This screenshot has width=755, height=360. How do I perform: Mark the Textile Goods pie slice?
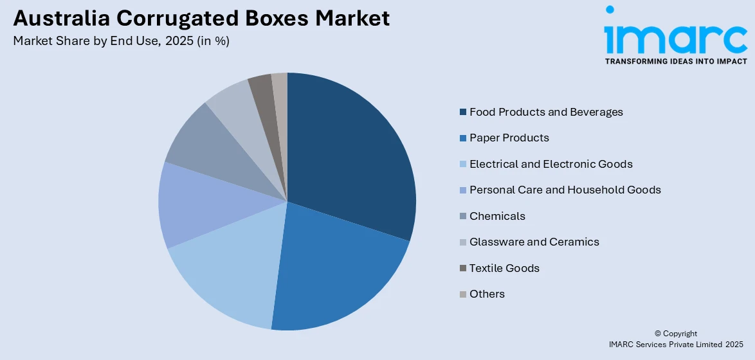[261, 89]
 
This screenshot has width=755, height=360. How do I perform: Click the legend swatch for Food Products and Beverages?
[463, 113]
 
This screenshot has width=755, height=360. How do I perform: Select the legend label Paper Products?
[509, 138]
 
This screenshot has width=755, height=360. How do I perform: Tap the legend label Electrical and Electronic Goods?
[550, 164]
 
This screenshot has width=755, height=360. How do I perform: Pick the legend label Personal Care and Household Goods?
[565, 190]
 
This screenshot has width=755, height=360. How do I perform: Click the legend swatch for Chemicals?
[463, 217]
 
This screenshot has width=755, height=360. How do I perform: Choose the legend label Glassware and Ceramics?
[534, 242]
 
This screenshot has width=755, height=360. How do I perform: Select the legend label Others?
[487, 294]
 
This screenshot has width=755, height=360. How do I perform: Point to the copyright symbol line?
[675, 334]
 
